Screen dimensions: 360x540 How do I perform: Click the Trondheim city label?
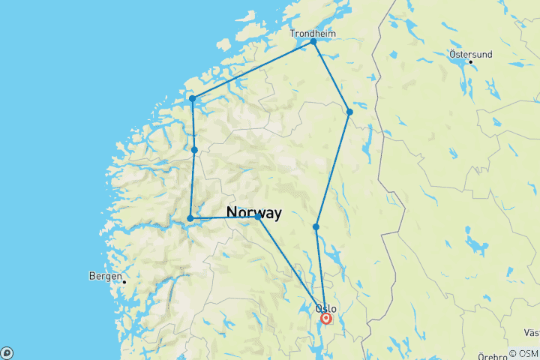coord(313,33)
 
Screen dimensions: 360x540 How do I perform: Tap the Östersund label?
coord(470,54)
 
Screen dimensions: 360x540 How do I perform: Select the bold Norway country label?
coord(253,213)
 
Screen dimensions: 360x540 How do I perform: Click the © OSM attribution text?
coord(523,353)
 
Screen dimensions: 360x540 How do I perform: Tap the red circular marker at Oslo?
coord(326,319)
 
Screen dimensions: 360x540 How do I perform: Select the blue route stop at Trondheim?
coord(313,41)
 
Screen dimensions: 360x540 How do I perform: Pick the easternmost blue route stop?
coord(349,112)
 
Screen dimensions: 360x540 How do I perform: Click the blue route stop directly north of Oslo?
coord(316,226)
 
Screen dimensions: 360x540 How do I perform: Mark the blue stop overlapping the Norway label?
coord(258,217)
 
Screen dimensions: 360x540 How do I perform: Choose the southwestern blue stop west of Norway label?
coord(190,218)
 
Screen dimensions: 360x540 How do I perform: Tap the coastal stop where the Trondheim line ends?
coord(193,98)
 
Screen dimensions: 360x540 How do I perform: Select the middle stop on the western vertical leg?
coord(194,150)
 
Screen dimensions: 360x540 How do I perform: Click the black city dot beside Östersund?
coord(470,62)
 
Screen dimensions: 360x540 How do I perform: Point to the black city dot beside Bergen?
coord(124,282)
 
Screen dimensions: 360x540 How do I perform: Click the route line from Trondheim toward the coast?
coord(253,70)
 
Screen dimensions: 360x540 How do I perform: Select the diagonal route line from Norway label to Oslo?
coord(292,268)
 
